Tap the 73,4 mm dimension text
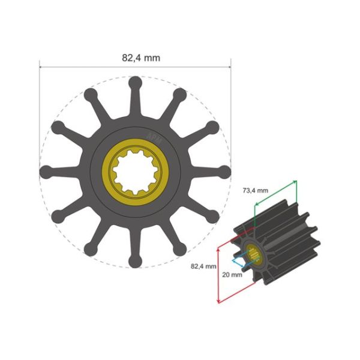pyautogui.click(x=256, y=190)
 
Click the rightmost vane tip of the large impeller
pyautogui.click(x=224, y=172)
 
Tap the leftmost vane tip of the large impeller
pyautogui.click(x=46, y=172)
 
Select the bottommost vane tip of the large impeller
pyautogui.click(x=135, y=262)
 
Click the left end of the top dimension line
pyautogui.click(x=40, y=67)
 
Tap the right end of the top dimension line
pyautogui.click(x=231, y=67)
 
